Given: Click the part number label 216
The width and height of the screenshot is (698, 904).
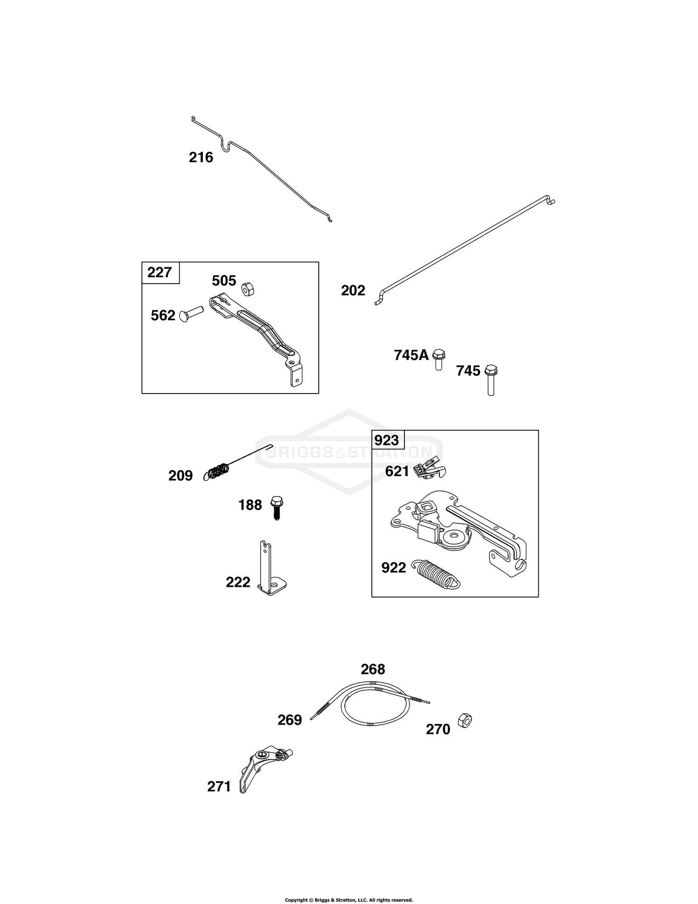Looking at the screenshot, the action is pyautogui.click(x=201, y=157).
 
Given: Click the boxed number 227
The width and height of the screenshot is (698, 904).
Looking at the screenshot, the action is pyautogui.click(x=160, y=272).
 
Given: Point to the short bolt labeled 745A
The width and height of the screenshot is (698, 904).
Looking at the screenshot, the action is pyautogui.click(x=438, y=359).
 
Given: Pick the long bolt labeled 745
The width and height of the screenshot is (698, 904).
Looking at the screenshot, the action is pyautogui.click(x=491, y=380).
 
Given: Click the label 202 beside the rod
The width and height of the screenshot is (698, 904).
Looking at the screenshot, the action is pyautogui.click(x=353, y=291).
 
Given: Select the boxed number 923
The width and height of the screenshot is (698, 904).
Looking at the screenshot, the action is pyautogui.click(x=387, y=440).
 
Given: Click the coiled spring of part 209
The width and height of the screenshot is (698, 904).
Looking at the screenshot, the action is pyautogui.click(x=218, y=470).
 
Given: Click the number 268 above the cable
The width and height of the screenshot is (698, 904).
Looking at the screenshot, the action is pyautogui.click(x=373, y=669).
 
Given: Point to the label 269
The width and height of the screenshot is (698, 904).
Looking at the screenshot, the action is pyautogui.click(x=290, y=720).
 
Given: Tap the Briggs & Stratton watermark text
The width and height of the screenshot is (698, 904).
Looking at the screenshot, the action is pyautogui.click(x=349, y=452).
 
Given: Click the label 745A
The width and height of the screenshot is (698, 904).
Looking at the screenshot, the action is pyautogui.click(x=411, y=355).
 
